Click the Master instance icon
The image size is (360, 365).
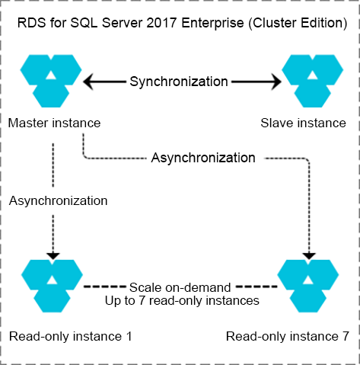51,81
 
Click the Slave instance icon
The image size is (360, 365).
312,81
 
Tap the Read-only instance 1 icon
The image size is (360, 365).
52,286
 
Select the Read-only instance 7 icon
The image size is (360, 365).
308,286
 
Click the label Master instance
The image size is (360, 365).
54,123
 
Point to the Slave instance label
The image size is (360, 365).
303,123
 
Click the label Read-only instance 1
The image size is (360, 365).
71,336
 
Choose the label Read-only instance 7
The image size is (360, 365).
288,336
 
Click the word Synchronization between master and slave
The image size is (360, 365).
179,82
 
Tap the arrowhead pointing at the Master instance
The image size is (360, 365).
88,82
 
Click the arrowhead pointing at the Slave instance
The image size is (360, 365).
276,82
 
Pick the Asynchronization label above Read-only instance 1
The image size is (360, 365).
59,200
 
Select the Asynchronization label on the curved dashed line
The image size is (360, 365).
203,158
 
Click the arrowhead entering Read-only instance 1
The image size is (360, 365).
53,256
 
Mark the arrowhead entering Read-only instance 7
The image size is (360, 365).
309,256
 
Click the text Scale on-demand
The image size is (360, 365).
180,287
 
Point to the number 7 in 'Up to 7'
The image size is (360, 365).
142,301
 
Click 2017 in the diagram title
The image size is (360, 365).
161,23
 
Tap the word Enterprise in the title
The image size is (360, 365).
212,24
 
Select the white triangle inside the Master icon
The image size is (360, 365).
51,75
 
